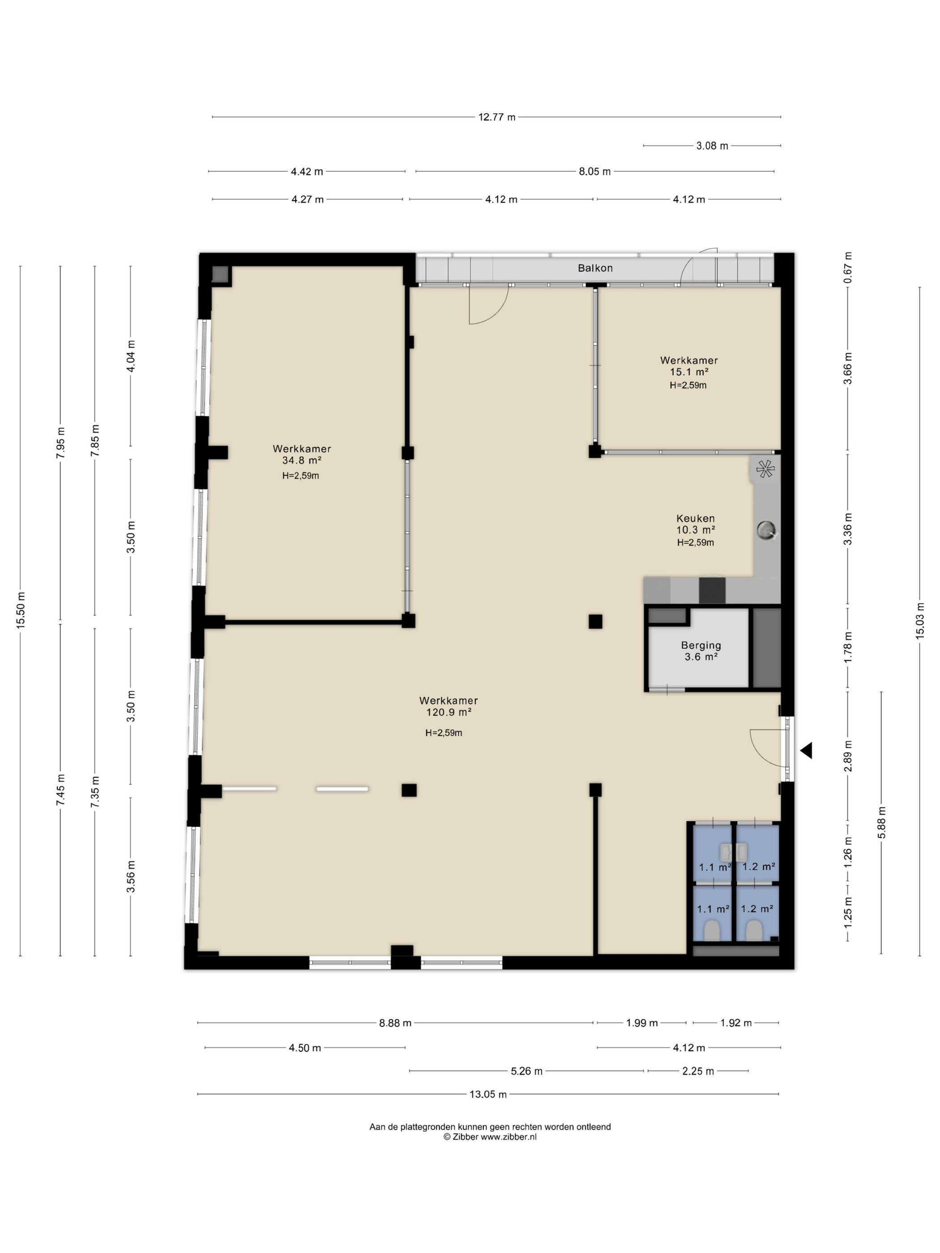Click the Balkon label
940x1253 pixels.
click(x=595, y=268)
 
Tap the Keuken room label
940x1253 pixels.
click(x=695, y=518)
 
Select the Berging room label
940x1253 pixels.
click(x=701, y=645)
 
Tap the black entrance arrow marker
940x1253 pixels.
click(x=806, y=750)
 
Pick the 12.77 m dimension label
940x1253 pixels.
click(x=497, y=117)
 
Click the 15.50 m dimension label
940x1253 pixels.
click(x=21, y=609)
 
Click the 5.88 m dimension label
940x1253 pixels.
click(x=882, y=823)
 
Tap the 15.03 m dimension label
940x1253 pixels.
click(x=919, y=620)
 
